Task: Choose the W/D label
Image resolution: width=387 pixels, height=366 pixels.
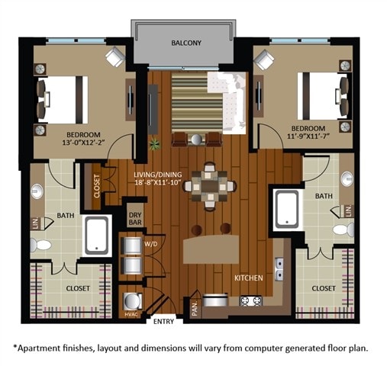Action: point(150,243)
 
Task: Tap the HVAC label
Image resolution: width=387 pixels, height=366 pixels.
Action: point(130,313)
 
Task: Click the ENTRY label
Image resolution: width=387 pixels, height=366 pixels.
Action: point(163,321)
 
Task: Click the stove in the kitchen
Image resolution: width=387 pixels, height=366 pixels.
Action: point(251,300)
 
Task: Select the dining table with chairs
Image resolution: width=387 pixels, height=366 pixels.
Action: point(208,185)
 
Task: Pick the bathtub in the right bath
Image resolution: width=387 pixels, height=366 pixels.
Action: point(287,207)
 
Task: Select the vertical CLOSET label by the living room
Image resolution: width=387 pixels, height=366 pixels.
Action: point(98,188)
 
